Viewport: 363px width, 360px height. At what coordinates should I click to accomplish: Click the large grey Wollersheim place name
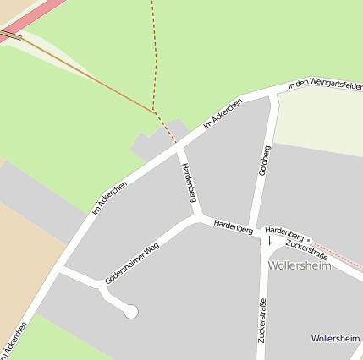300,265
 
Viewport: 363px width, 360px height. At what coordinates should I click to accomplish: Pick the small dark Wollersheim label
335,338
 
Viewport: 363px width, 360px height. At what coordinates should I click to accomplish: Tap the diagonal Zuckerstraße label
305,248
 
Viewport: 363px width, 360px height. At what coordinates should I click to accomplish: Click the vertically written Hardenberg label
189,183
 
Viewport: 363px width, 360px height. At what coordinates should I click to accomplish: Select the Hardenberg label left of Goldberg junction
234,226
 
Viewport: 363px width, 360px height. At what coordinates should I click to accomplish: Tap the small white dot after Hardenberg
309,239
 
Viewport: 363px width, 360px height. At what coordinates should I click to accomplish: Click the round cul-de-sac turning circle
131,312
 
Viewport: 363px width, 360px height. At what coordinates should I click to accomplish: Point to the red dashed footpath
156,59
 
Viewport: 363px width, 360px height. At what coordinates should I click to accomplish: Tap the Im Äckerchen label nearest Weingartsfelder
223,114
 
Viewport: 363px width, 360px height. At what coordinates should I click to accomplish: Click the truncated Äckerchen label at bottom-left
14,341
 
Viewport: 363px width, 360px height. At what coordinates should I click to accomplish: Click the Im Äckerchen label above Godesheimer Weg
109,198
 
